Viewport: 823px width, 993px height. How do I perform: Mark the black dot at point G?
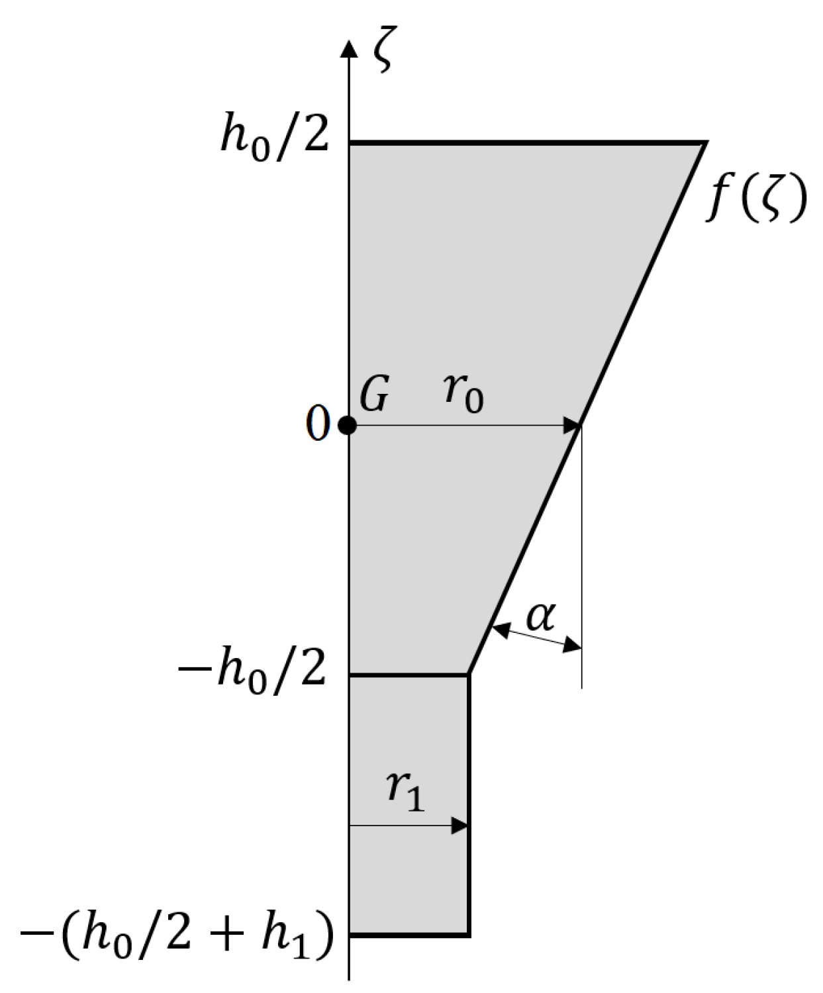pos(348,426)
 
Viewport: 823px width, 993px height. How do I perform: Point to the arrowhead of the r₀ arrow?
pos(573,426)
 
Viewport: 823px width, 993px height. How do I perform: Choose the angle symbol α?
pos(540,617)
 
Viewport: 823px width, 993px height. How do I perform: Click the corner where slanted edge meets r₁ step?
pos(469,675)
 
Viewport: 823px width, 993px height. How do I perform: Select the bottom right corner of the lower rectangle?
pos(469,935)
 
